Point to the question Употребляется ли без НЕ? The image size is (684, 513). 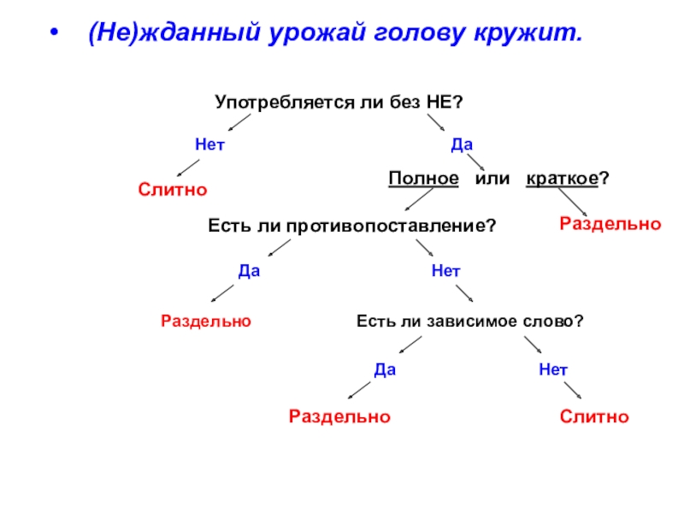pyautogui.click(x=339, y=103)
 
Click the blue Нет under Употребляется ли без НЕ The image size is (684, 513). pyautogui.click(x=209, y=145)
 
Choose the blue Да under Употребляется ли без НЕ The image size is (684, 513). pyautogui.click(x=463, y=145)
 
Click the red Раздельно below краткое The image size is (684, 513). pyautogui.click(x=610, y=224)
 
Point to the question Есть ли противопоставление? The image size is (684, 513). pyautogui.click(x=352, y=225)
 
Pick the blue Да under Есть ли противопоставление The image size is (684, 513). pyautogui.click(x=249, y=271)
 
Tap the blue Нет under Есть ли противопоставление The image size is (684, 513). pyautogui.click(x=446, y=271)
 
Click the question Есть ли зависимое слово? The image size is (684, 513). pyautogui.click(x=469, y=321)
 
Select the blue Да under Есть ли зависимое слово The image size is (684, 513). pyautogui.click(x=386, y=369)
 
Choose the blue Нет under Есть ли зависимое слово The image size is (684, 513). pyautogui.click(x=553, y=369)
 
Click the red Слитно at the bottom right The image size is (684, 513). pyautogui.click(x=594, y=417)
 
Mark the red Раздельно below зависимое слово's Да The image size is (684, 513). pyautogui.click(x=339, y=417)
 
